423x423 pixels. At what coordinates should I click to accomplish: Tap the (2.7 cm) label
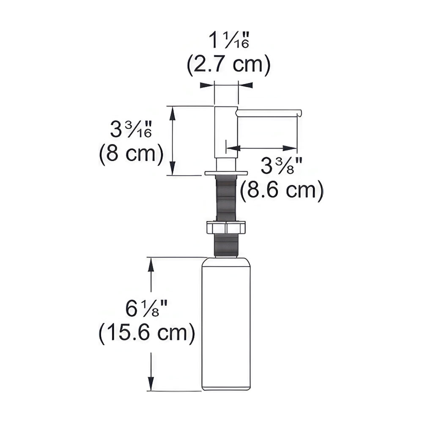228,65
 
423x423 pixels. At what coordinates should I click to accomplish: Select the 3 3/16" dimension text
131,129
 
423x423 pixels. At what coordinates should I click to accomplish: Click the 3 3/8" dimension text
281,165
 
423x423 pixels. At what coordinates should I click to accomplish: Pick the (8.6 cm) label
281,191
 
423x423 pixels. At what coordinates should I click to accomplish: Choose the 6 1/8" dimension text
146,309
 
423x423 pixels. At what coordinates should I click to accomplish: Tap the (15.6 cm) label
146,333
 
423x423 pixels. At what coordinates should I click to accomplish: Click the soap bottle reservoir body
226,324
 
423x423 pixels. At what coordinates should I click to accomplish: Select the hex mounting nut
226,227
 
